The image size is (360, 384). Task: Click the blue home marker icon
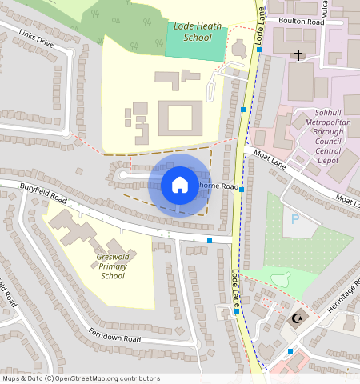tap(180, 186)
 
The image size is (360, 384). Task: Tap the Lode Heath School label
tap(192, 32)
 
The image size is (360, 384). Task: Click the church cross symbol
tap(298, 55)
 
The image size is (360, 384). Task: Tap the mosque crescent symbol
tap(298, 318)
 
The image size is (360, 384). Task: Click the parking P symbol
tap(296, 218)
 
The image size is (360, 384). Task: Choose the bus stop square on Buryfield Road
tap(210, 240)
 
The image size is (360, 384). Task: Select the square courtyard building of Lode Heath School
tap(180, 118)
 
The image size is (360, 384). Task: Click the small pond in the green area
tap(280, 279)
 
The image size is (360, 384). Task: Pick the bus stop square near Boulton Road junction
tap(259, 50)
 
